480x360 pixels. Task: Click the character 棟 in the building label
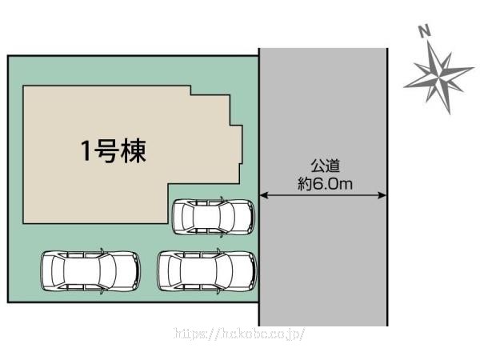134,150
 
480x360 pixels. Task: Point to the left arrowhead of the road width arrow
264,195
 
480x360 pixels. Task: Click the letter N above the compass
424,31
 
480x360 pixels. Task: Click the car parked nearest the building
214,216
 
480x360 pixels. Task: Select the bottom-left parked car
90,271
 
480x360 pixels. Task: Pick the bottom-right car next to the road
207,271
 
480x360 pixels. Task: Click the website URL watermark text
240,333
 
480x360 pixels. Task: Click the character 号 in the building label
110,150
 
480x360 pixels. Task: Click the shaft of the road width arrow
324,195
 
